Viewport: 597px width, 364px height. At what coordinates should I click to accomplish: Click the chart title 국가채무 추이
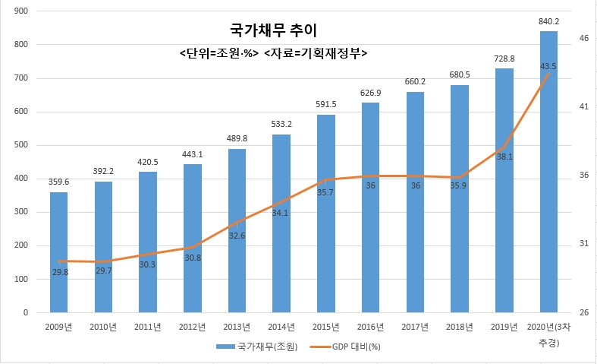[x=275, y=31]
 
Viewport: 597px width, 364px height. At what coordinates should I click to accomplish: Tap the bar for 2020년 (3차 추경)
[x=548, y=172]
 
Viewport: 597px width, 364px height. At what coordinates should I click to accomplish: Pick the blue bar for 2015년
[x=326, y=214]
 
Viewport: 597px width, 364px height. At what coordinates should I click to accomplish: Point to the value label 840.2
[x=548, y=21]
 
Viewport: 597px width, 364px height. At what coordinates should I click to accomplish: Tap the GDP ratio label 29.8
[x=61, y=271]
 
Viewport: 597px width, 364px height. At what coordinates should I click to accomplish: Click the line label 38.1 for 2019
[x=504, y=157]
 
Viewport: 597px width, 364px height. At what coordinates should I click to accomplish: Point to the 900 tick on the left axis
[x=21, y=11]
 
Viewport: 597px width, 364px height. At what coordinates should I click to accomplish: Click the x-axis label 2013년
[x=237, y=327]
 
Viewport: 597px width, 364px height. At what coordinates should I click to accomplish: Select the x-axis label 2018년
[x=460, y=327]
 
